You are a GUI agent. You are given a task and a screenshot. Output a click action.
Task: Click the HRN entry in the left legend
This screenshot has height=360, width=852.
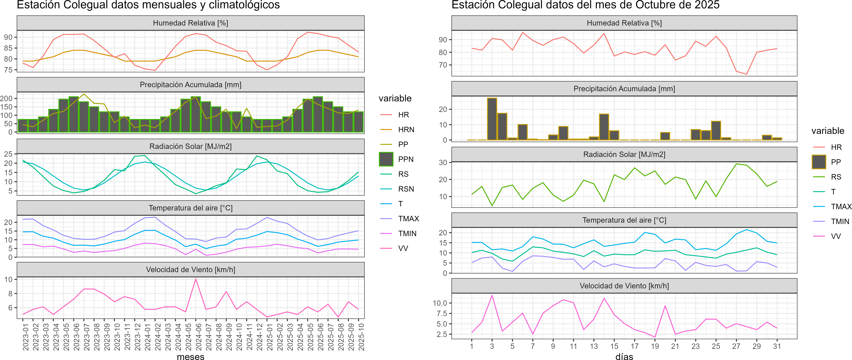406,130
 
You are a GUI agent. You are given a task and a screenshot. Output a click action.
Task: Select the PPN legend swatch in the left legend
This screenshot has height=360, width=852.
386,159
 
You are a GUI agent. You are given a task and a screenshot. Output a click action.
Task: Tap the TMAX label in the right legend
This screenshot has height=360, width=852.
841,207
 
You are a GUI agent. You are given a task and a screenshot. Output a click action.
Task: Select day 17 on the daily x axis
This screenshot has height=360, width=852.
634,346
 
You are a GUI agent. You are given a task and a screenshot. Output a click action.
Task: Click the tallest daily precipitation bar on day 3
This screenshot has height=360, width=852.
492,119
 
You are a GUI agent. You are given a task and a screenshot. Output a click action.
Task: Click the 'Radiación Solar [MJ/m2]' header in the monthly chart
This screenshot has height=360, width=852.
190,146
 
